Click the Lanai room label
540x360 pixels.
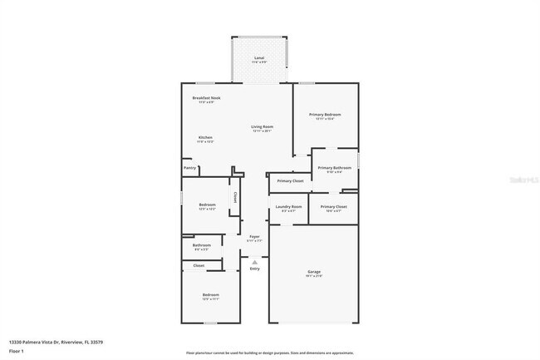click(x=260, y=58)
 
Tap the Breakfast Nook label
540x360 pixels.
click(x=206, y=98)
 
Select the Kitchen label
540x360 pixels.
click(x=205, y=137)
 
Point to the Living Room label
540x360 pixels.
click(x=263, y=126)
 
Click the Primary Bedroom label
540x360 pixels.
click(x=325, y=115)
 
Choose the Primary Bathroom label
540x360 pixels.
click(x=334, y=168)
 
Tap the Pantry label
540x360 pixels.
click(x=190, y=167)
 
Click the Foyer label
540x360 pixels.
click(x=254, y=237)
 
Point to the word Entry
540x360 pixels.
click(x=254, y=269)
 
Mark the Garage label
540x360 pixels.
click(x=314, y=272)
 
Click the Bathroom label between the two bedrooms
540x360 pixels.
click(x=202, y=245)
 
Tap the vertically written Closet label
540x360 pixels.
click(x=235, y=198)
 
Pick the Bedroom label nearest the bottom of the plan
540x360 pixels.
click(x=211, y=295)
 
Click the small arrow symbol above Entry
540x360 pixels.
click(x=254, y=262)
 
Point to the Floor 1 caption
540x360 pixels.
click(x=17, y=352)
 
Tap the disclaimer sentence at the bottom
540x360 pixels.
click(x=269, y=353)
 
